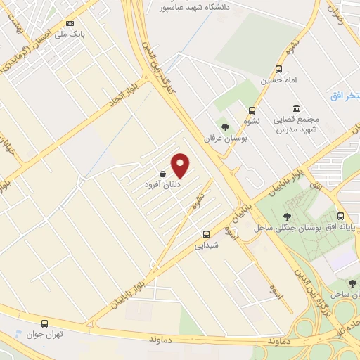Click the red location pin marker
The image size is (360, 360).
pos(181,165)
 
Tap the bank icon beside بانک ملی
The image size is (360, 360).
pos(69,23)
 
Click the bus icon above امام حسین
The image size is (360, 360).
pos(279,69)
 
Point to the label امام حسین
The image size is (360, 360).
pos(275,80)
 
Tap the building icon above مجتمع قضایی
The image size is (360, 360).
pos(295,108)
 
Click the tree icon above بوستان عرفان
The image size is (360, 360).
pos(225,127)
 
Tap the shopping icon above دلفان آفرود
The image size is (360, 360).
pos(163,174)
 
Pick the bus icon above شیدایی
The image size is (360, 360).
pos(206,234)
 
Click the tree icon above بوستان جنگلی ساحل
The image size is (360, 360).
pos(287,217)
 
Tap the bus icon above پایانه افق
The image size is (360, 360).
pos(341,216)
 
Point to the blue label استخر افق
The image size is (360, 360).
pos(345,95)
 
